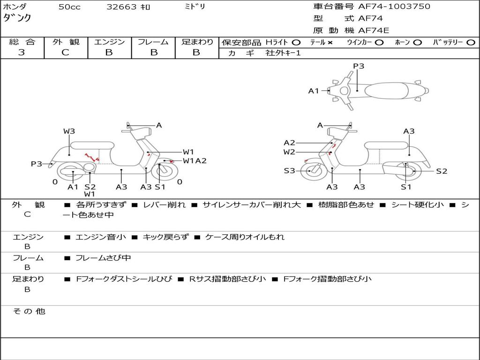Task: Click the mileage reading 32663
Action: (x=121, y=7)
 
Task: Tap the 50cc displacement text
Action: (x=69, y=7)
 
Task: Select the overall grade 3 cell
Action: (x=22, y=52)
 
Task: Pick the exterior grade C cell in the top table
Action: (x=65, y=52)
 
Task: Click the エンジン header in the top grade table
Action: (x=109, y=42)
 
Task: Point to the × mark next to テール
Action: (x=330, y=42)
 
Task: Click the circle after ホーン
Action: (x=418, y=42)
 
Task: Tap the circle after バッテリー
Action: (x=471, y=42)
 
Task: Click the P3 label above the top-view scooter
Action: (x=359, y=66)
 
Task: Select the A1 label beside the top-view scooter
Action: (x=314, y=91)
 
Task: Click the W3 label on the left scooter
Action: (x=69, y=131)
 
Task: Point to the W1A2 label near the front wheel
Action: (x=195, y=161)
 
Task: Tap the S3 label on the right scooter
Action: (x=289, y=171)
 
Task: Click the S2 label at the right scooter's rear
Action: (x=442, y=171)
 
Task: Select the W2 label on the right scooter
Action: (x=289, y=152)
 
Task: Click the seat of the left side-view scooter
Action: (x=91, y=145)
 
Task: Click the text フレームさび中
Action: (x=103, y=258)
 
